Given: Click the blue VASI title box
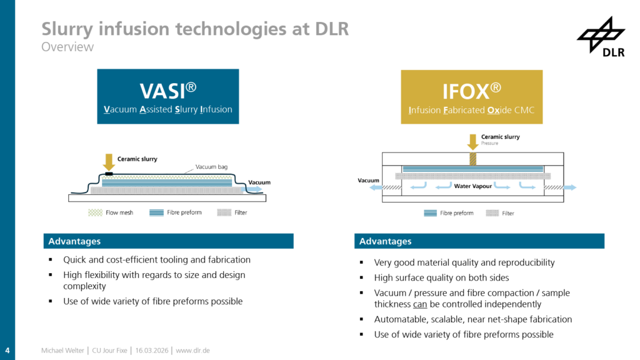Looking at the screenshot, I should tap(168, 97).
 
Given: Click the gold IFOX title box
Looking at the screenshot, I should tap(471, 97).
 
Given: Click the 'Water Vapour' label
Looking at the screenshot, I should tap(472, 186).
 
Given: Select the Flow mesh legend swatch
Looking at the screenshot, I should tap(95, 212).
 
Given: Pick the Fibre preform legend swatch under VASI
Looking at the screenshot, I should tap(156, 212).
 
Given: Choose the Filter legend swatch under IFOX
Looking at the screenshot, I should tap(491, 213).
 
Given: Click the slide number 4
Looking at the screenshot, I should tap(7, 349).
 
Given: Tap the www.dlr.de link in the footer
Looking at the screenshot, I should tap(192, 351).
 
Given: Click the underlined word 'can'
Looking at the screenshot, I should tap(420, 304).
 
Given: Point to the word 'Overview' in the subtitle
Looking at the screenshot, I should tap(67, 47).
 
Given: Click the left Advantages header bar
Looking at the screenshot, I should tap(168, 241).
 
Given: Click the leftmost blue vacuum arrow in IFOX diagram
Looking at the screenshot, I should tap(376, 187).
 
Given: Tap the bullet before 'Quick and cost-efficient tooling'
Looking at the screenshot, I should tap(51, 260).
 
